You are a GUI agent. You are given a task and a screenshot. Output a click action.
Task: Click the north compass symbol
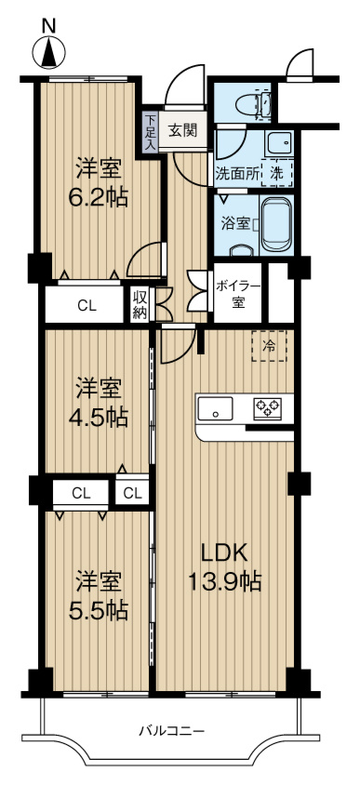[48, 54]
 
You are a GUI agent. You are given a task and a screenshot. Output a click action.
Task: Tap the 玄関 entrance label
[182, 130]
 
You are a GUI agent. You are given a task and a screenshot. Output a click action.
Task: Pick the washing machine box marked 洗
[279, 172]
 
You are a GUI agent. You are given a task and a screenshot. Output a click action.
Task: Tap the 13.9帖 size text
[225, 583]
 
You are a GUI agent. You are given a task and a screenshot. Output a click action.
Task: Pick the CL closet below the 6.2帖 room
[86, 304]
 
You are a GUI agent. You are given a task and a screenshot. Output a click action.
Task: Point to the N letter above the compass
[48, 25]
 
